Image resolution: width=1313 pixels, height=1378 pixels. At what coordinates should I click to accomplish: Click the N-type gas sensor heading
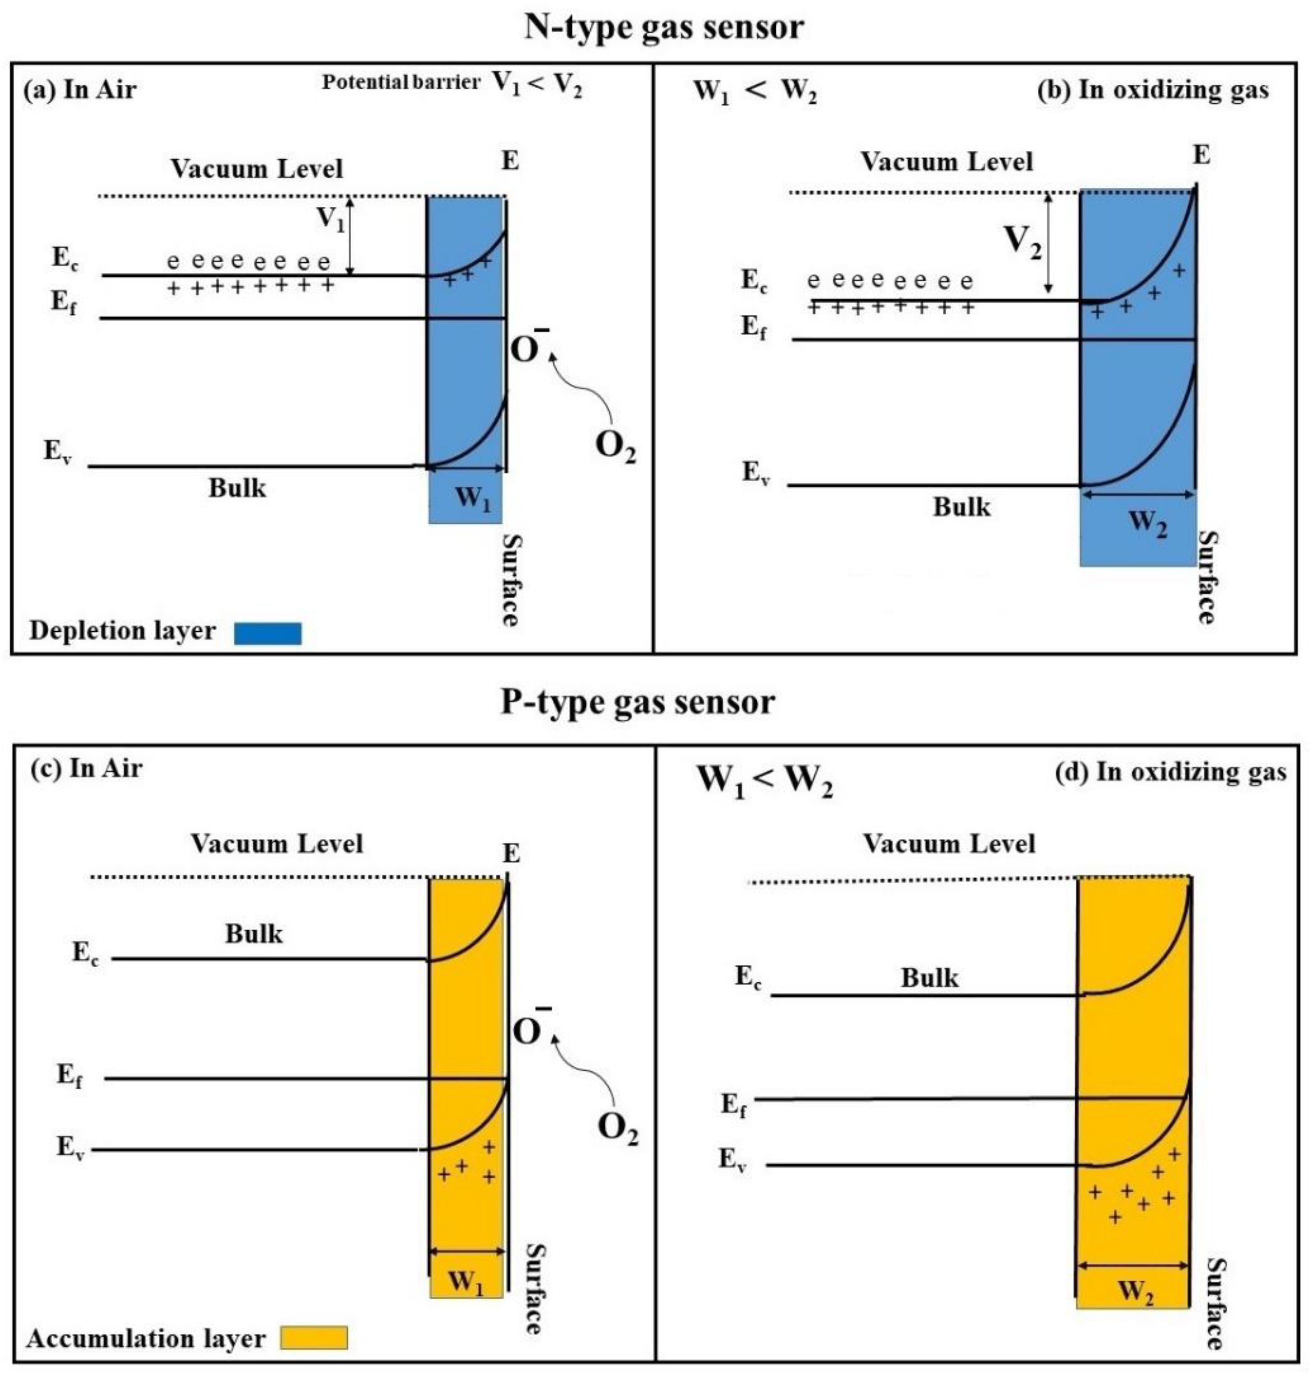click(x=663, y=28)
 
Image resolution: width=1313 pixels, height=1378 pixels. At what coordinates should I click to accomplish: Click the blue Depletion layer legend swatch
click(x=267, y=633)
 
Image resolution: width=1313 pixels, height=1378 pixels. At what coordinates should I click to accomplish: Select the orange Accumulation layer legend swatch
click(x=313, y=1337)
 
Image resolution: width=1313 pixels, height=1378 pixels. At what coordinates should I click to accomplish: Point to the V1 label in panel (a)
click(x=331, y=218)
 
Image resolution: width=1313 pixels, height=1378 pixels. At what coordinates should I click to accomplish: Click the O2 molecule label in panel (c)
click(x=617, y=1128)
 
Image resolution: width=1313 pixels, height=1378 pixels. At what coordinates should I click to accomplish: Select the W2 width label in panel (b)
click(x=1148, y=523)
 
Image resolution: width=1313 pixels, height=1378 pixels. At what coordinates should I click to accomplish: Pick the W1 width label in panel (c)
click(x=466, y=1282)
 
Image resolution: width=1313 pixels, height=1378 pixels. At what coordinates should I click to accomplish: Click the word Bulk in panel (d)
click(x=929, y=977)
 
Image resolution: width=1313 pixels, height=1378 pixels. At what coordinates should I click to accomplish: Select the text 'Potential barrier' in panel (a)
click(x=400, y=82)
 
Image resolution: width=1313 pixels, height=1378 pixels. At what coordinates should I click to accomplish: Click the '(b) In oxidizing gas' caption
click(x=1152, y=90)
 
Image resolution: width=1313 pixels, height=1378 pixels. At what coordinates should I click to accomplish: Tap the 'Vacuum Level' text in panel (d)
click(x=948, y=843)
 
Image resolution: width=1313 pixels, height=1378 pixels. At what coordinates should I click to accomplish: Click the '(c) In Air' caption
click(x=87, y=769)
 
